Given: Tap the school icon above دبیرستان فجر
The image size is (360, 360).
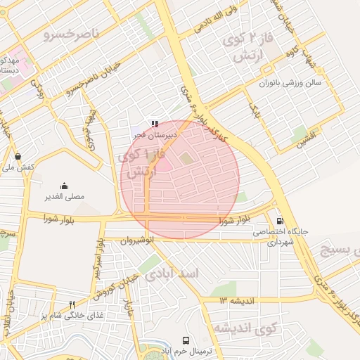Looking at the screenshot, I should [155, 124].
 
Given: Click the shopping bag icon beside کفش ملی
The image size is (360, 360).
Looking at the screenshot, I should [17, 156].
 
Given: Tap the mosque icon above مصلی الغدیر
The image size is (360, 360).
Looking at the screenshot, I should [65, 186].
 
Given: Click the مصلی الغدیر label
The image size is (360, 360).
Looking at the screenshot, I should [65, 197].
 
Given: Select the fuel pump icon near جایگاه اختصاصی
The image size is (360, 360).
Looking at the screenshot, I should [281, 220].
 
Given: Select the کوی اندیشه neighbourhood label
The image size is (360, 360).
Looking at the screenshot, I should [246, 328].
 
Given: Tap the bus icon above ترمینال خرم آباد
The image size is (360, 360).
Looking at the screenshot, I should [186, 340].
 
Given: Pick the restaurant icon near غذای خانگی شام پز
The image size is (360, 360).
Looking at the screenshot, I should [71, 304].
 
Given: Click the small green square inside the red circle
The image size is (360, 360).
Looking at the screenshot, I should [186, 159].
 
